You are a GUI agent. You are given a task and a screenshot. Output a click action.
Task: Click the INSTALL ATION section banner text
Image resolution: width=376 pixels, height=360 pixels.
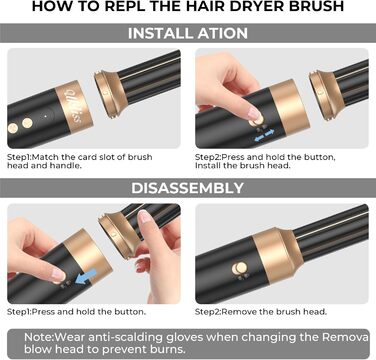click(x=186, y=33)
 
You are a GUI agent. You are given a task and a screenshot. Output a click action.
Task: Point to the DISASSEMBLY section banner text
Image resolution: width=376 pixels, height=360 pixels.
click(x=186, y=188)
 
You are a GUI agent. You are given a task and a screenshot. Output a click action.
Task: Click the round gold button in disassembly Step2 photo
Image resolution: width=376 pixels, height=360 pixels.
click(x=239, y=268)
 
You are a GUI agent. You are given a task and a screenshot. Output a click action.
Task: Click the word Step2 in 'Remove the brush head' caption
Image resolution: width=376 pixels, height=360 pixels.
click(x=213, y=312)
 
